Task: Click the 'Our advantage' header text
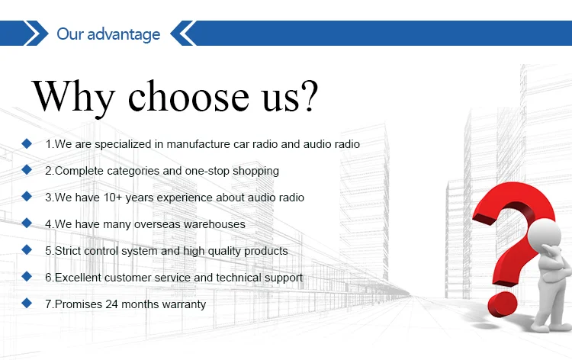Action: pyautogui.click(x=108, y=34)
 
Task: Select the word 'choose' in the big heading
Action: pyautogui.click(x=188, y=95)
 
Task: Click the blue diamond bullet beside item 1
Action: pyautogui.click(x=27, y=143)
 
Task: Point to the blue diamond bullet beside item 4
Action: pyautogui.click(x=27, y=223)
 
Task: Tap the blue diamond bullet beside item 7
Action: pyautogui.click(x=27, y=303)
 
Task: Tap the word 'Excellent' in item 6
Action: pyautogui.click(x=78, y=278)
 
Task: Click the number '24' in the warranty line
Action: pyautogui.click(x=111, y=304)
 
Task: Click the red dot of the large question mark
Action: pyautogui.click(x=503, y=304)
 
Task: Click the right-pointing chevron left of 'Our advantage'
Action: pyautogui.click(x=36, y=34)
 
